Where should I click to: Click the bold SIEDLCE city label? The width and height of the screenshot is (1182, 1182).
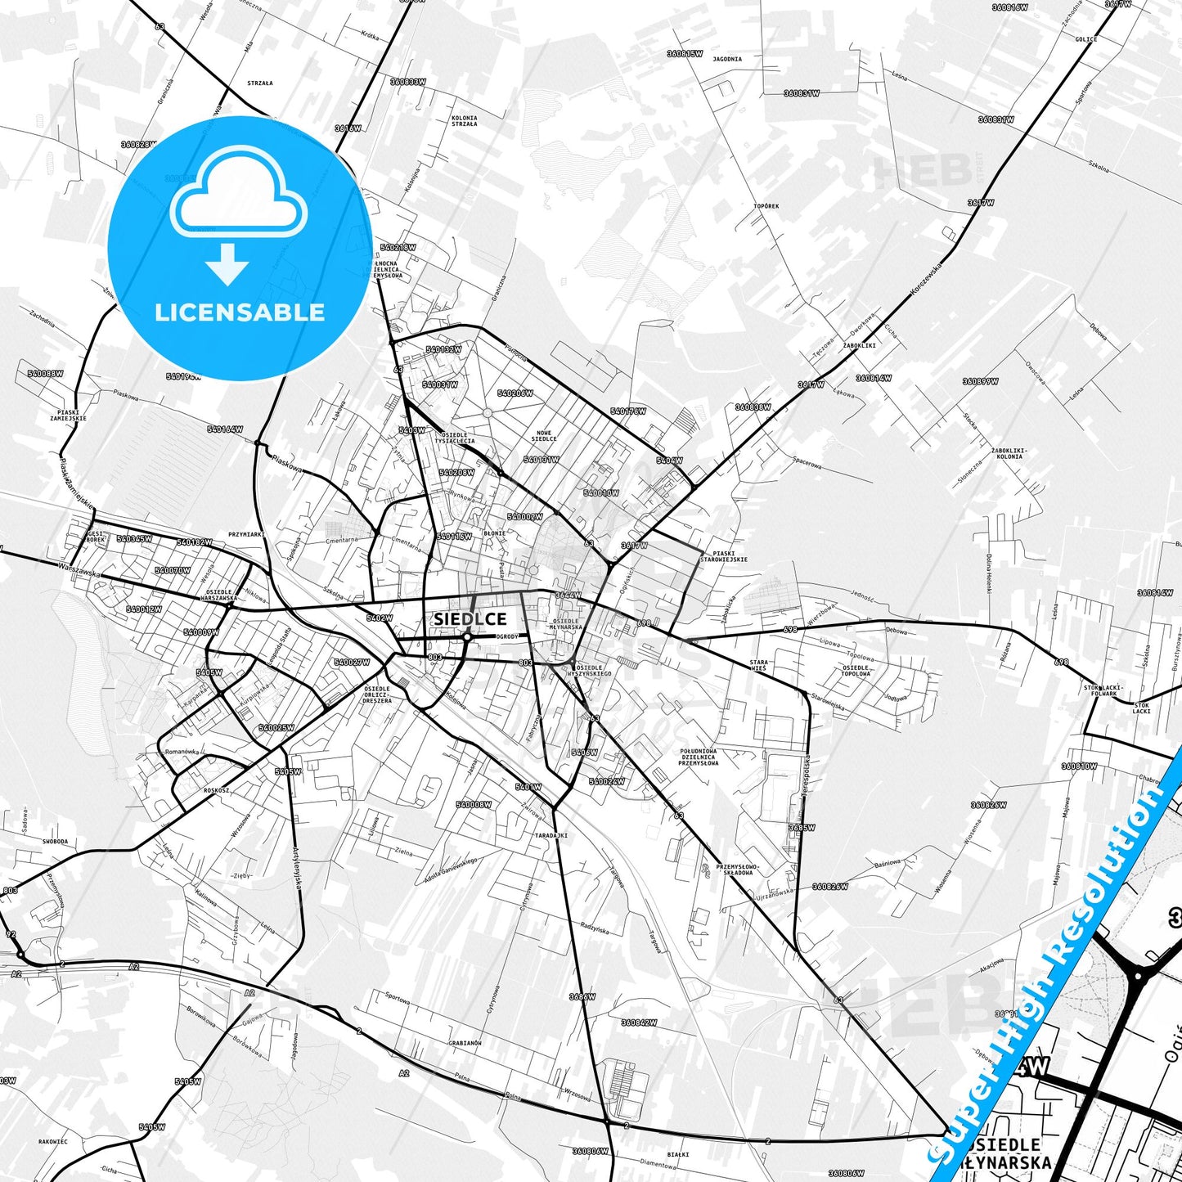(470, 619)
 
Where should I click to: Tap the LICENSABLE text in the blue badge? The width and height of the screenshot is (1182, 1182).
(240, 312)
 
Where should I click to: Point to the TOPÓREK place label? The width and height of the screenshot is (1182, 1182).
(766, 206)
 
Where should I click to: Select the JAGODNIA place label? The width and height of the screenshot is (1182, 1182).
(727, 59)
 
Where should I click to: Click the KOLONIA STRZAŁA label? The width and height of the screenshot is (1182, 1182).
(464, 121)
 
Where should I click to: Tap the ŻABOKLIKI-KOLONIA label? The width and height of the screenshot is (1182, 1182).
(1009, 453)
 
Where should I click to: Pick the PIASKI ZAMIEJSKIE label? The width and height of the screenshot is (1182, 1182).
(68, 416)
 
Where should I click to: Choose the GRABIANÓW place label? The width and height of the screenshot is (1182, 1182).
(465, 1043)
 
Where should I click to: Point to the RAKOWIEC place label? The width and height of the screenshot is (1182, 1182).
(53, 1141)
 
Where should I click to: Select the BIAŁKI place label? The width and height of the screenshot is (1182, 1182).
(678, 1154)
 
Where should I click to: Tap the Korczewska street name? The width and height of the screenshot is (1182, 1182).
(927, 279)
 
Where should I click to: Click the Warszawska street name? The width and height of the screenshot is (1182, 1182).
(79, 569)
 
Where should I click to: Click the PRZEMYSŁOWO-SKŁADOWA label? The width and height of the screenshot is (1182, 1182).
(738, 870)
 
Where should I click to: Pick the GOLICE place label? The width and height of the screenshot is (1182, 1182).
(1086, 39)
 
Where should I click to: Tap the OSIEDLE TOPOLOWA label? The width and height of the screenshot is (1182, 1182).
(856, 671)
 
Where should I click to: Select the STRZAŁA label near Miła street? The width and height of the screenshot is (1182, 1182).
(260, 83)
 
